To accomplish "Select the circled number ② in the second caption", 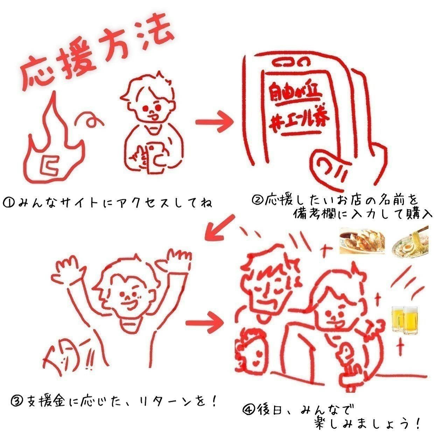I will click(257, 200).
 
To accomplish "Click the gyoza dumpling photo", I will click(362, 241).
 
